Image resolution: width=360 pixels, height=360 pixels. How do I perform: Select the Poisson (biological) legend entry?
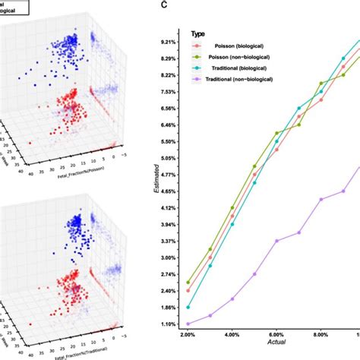click(x=240, y=46)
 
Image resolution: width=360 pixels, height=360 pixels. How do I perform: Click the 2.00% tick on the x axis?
click(x=188, y=335)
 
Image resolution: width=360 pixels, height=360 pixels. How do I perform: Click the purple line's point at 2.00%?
click(x=188, y=324)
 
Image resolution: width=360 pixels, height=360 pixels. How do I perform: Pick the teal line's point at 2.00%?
click(x=188, y=307)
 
